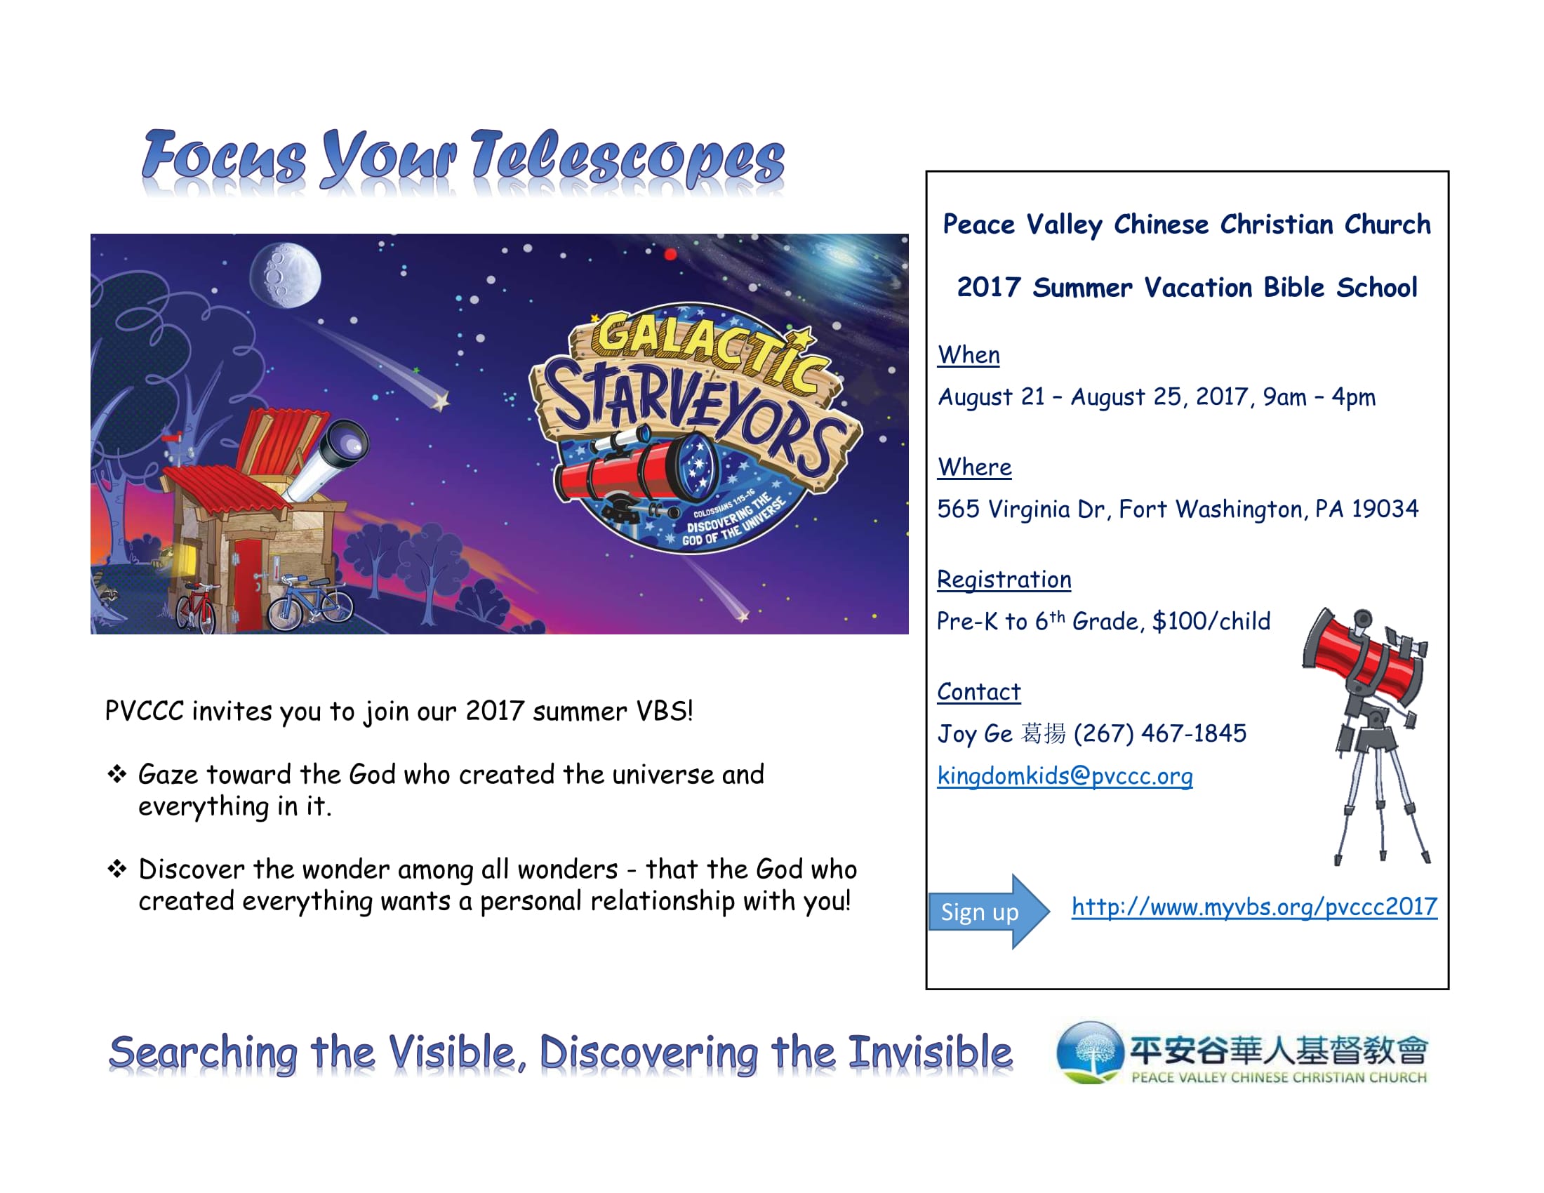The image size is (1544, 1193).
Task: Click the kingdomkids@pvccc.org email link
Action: tap(1065, 777)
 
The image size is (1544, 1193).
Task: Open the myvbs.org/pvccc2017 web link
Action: tap(1254, 907)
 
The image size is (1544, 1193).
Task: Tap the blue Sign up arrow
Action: tap(989, 912)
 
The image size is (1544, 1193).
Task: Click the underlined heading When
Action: tap(969, 355)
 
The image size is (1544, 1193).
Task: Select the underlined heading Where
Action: tap(974, 467)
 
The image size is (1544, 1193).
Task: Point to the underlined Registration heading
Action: tap(1004, 580)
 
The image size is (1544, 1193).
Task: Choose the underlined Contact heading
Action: tap(978, 692)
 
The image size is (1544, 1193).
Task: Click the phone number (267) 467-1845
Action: tap(1159, 734)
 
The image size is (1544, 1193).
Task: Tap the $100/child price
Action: tap(1211, 621)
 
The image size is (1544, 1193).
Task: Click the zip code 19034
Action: tap(1385, 509)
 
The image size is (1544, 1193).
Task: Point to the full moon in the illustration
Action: tap(285, 276)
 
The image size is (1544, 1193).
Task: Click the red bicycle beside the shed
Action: tap(196, 606)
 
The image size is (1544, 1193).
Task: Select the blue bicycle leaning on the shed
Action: tap(310, 602)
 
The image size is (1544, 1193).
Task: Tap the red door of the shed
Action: tap(248, 583)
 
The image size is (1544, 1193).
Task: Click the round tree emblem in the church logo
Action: tap(1089, 1053)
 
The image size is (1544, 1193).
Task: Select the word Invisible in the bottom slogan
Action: tap(931, 1053)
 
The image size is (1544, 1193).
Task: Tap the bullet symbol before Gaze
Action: tap(117, 775)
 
